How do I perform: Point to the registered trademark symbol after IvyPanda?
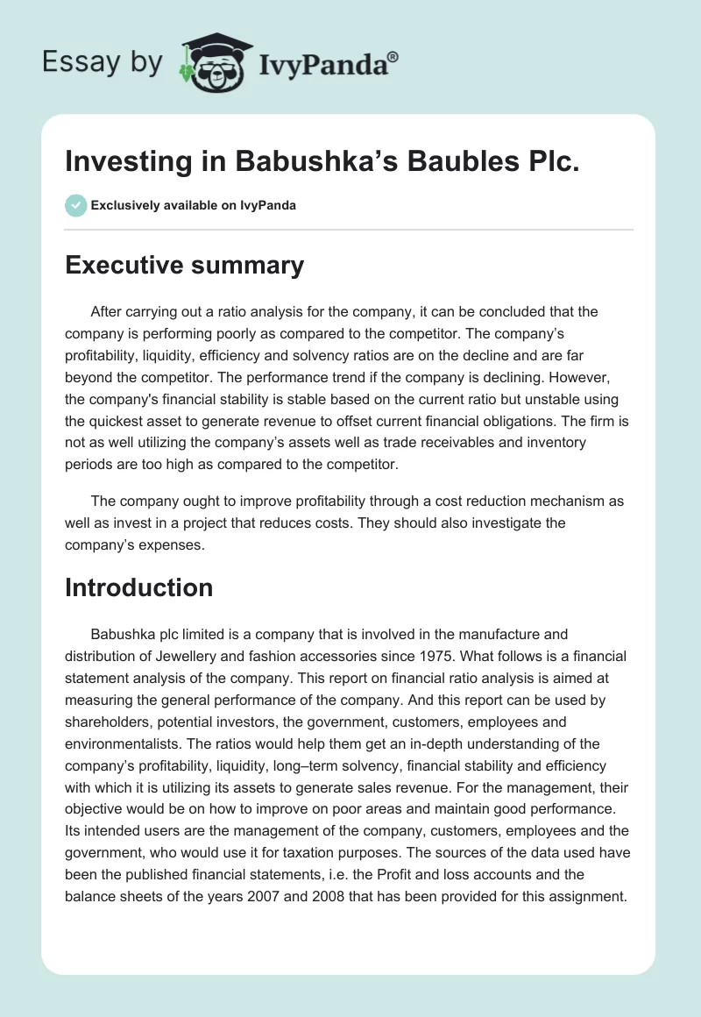click(394, 56)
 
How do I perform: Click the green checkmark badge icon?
click(75, 205)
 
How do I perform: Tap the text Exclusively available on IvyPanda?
click(194, 206)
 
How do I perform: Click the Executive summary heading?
click(184, 265)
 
